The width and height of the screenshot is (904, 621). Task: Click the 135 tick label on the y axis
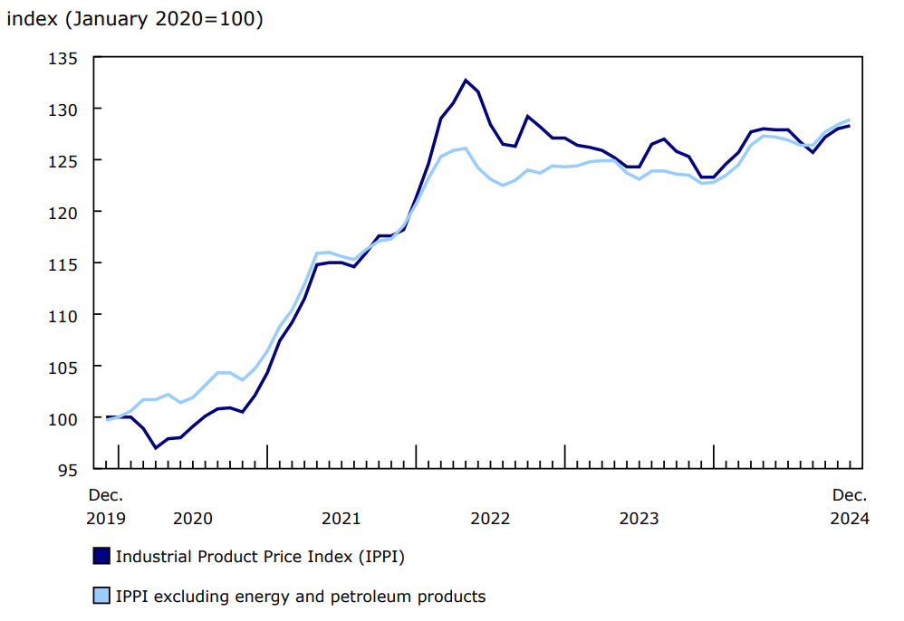(x=65, y=58)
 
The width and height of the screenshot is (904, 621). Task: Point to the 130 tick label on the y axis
(x=65, y=110)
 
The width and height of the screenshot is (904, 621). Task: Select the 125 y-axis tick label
(x=65, y=161)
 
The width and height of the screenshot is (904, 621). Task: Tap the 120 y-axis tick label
(x=65, y=213)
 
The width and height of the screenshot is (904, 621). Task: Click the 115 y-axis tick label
(x=65, y=264)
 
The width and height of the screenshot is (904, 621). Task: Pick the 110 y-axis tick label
(x=65, y=315)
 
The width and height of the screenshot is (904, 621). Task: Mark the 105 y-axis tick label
(x=65, y=367)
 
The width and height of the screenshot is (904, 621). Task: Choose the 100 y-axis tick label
(x=65, y=418)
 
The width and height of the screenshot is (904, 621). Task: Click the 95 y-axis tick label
(x=70, y=470)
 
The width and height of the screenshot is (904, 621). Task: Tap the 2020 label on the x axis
(x=192, y=519)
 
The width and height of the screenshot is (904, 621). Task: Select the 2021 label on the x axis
(x=341, y=519)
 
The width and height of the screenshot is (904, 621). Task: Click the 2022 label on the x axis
(x=490, y=519)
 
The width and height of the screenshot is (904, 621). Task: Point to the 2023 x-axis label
(x=639, y=519)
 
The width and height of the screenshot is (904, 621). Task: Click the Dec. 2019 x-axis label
(x=106, y=507)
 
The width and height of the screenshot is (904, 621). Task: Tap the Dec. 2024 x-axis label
(x=850, y=507)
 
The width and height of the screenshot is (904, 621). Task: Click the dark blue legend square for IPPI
(x=101, y=557)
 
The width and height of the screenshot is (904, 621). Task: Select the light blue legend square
(x=101, y=597)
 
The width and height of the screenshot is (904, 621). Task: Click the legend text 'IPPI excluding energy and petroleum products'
(x=301, y=597)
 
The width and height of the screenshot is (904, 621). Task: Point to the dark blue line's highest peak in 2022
(x=466, y=81)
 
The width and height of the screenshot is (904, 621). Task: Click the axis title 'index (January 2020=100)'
(x=135, y=19)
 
